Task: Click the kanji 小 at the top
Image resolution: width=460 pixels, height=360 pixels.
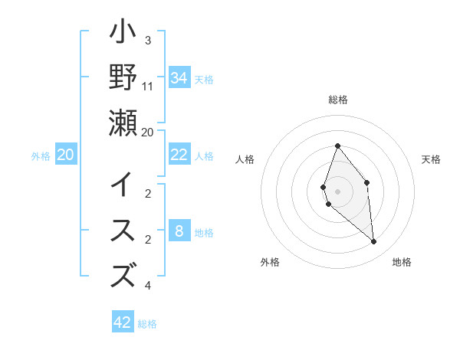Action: click(123, 34)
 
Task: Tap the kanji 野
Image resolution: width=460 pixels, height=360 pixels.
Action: click(123, 77)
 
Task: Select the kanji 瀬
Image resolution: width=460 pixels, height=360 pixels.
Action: click(123, 123)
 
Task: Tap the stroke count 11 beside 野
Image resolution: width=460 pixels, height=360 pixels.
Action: click(148, 86)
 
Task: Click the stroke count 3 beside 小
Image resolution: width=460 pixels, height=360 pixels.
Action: click(148, 41)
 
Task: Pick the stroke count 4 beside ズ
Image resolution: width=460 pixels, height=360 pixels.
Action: click(148, 286)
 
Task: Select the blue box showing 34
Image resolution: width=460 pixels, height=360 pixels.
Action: click(179, 77)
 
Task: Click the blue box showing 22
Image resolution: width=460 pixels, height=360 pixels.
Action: click(179, 155)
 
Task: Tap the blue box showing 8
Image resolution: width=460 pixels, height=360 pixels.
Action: click(179, 231)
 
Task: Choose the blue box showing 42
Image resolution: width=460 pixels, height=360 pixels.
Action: click(123, 322)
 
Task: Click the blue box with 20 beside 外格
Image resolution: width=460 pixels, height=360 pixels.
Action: click(66, 155)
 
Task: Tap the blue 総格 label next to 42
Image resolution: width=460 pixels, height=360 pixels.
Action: click(147, 324)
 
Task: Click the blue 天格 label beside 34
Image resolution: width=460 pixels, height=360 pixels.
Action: click(204, 79)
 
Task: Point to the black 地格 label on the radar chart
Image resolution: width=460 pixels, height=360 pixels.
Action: click(402, 262)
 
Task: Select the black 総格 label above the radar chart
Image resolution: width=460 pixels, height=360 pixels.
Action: click(337, 100)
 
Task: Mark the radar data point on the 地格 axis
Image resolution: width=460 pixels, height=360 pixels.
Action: click(374, 242)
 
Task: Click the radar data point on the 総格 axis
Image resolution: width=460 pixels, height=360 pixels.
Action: click(337, 146)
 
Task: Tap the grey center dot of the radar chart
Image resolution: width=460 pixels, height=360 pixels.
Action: click(337, 191)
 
